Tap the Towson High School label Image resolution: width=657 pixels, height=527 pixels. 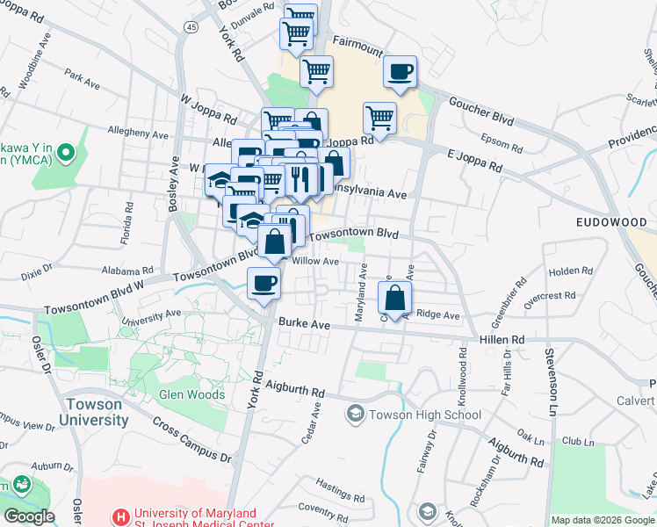[425, 415]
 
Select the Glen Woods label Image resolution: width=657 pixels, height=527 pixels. [191, 394]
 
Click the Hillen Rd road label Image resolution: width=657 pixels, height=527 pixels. [502, 339]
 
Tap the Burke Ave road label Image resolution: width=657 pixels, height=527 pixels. [304, 325]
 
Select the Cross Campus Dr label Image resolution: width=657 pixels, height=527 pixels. [191, 439]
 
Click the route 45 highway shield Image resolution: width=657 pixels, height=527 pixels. [191, 27]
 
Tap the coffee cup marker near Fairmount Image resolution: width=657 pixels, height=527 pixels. [400, 71]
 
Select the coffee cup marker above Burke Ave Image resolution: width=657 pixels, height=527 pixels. [264, 283]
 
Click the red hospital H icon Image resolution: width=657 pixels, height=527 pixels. [121, 516]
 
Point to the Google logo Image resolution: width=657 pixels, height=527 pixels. [30, 516]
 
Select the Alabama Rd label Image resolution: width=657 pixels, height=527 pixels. [127, 271]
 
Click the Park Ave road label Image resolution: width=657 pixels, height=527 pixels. [82, 80]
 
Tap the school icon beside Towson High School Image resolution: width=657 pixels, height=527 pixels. [356, 413]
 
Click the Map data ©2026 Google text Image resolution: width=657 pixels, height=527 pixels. [602, 519]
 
